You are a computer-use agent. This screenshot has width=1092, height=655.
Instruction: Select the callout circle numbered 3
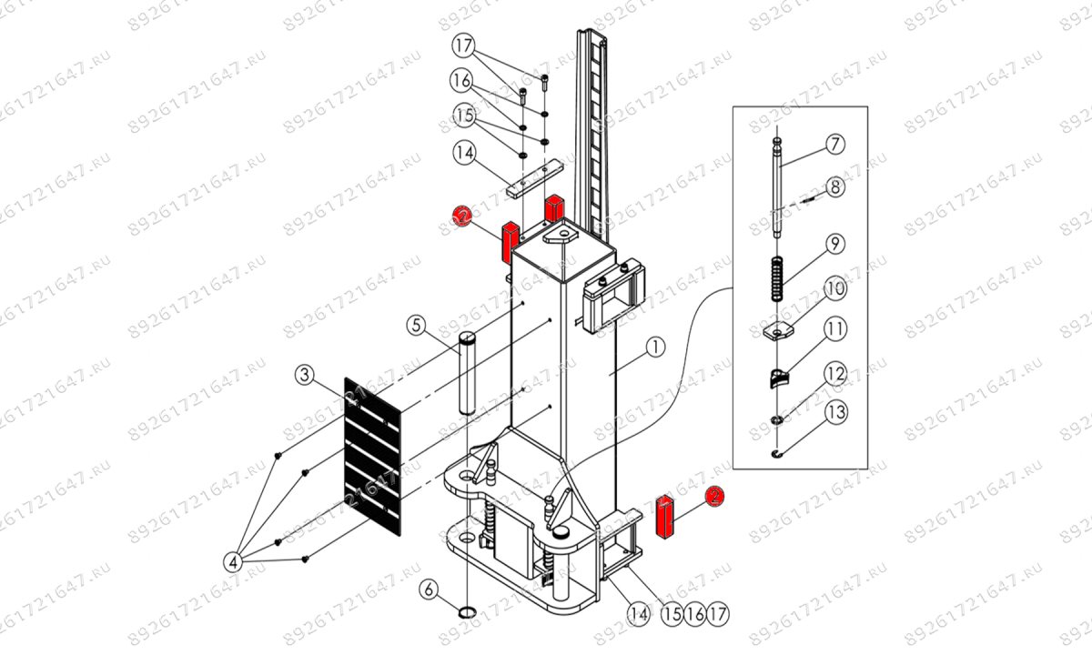point(307,374)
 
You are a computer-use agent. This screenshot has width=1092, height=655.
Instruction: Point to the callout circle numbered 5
point(416,324)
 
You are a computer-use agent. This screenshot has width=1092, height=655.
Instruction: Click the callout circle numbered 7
point(835,144)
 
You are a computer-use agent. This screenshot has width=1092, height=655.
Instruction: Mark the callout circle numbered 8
point(835,187)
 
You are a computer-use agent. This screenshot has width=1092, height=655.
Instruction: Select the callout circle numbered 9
point(835,244)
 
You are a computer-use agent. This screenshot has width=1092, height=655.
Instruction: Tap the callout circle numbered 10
point(835,289)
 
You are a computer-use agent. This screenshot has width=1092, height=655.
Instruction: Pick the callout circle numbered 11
point(835,330)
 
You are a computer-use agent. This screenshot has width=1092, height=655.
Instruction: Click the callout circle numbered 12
point(835,372)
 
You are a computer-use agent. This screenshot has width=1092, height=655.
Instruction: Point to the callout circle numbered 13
point(835,412)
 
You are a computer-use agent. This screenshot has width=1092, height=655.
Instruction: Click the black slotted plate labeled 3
point(373,452)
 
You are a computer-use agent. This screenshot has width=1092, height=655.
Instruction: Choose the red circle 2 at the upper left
point(463,216)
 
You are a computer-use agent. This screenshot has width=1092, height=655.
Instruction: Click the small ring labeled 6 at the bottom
point(467,610)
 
